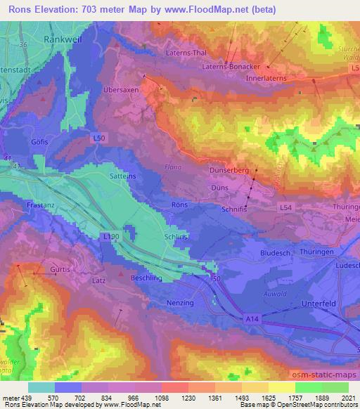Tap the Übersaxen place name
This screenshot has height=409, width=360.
click(119, 91)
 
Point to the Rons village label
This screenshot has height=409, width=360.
click(179, 204)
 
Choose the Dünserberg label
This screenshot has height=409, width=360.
click(230, 170)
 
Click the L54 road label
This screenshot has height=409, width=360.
click(285, 208)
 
